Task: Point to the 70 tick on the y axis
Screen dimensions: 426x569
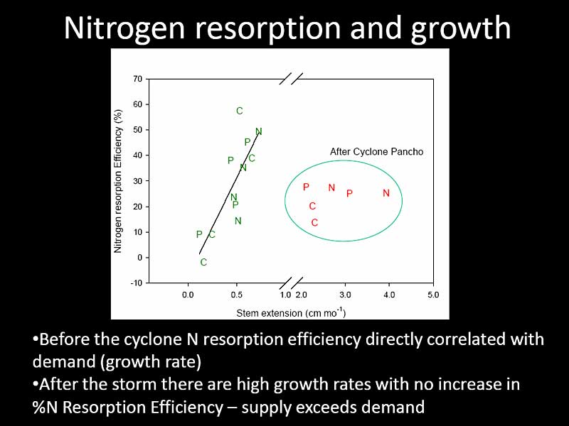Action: click(137, 79)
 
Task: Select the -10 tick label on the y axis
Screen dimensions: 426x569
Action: click(136, 283)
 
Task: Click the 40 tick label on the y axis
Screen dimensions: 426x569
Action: click(137, 155)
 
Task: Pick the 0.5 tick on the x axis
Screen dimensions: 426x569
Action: click(237, 294)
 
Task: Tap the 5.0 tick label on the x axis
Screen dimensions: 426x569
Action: click(432, 294)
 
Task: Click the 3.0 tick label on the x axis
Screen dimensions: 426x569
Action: click(345, 294)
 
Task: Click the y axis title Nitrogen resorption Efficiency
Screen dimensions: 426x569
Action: click(119, 182)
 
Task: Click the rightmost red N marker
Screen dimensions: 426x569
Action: click(386, 193)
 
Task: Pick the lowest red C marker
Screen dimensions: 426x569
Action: click(314, 223)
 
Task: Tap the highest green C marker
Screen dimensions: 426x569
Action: click(240, 111)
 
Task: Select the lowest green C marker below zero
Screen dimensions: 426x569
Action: click(203, 263)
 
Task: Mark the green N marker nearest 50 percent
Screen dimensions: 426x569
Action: click(259, 131)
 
